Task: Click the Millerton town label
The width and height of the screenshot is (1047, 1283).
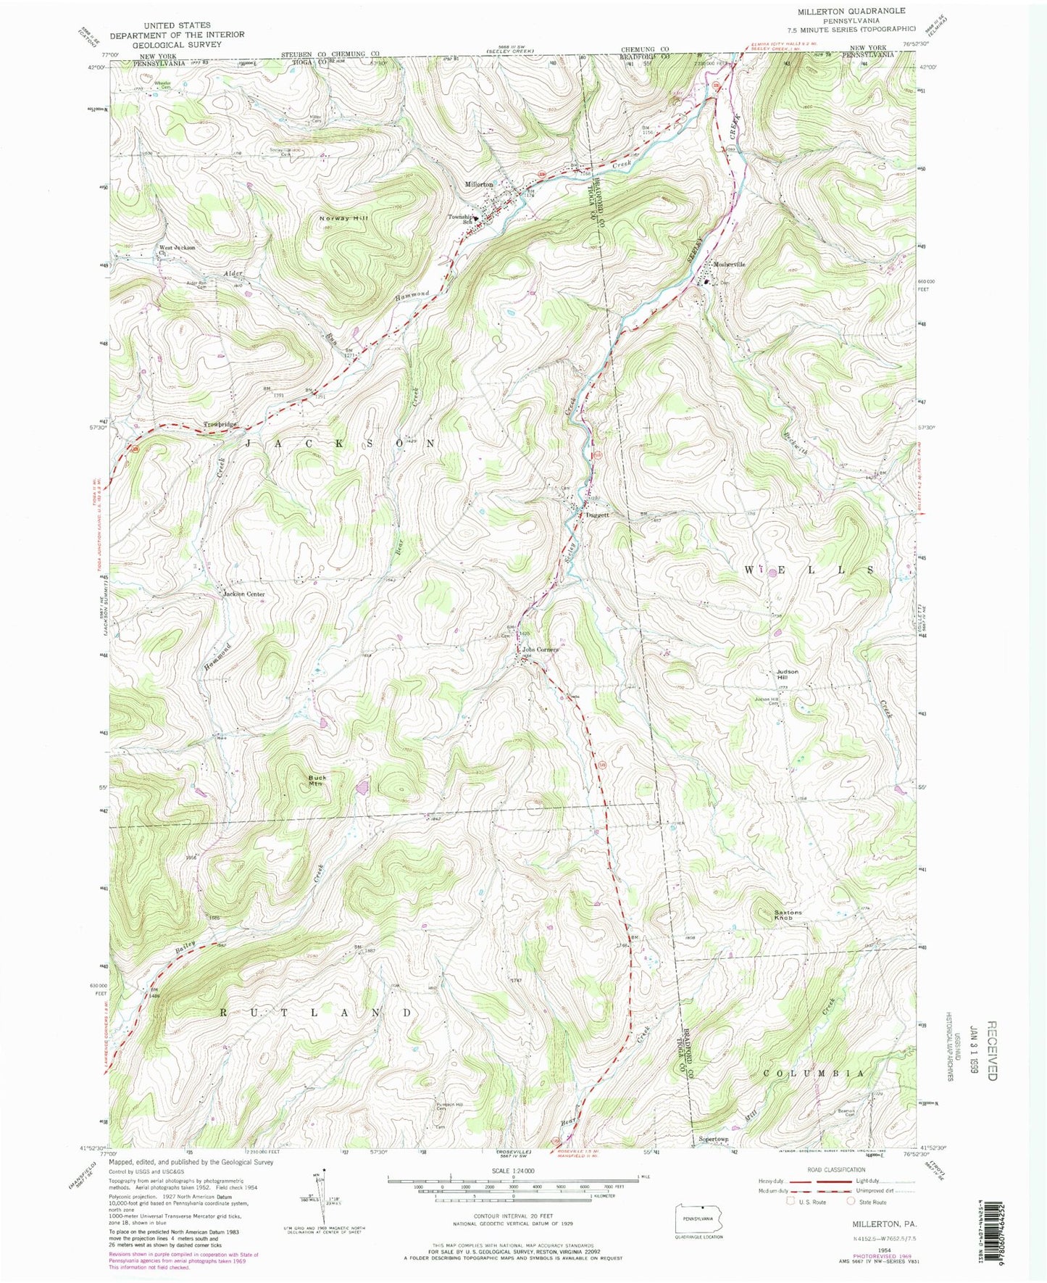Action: [x=478, y=184]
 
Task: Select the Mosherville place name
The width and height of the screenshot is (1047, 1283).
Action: [x=729, y=265]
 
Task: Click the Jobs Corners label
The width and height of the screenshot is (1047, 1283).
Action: [x=541, y=649]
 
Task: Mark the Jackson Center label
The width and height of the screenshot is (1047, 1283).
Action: [x=243, y=594]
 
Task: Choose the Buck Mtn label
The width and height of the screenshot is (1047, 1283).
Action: [x=316, y=780]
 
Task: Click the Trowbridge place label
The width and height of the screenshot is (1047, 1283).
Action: [x=220, y=424]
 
